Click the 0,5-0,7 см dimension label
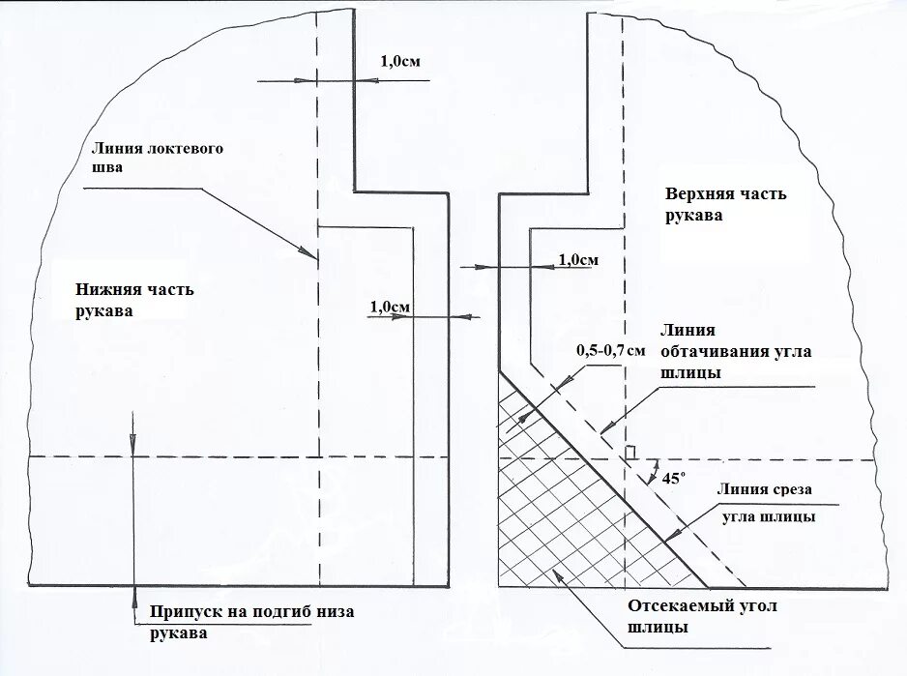click(x=610, y=350)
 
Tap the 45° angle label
click(x=673, y=477)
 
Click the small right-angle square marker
click(x=630, y=453)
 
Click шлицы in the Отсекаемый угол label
click(x=658, y=627)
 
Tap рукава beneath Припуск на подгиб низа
click(x=179, y=633)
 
